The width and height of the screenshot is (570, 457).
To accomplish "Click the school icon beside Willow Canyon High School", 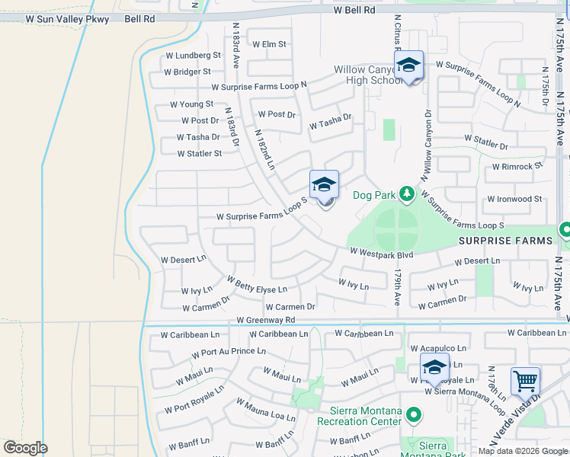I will click(408, 66).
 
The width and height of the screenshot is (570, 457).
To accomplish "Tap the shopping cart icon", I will click(525, 381).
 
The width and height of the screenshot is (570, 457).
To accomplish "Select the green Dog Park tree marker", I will click(407, 195).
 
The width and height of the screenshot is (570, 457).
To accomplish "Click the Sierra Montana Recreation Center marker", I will click(414, 416).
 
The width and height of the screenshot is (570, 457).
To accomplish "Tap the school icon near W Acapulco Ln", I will click(434, 367).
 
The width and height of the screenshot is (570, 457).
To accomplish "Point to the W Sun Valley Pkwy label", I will click(67, 18).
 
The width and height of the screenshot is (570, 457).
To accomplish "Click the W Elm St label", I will click(269, 44).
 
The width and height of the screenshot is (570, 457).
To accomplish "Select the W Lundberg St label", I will click(194, 56).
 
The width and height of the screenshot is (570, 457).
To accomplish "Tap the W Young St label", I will click(191, 104).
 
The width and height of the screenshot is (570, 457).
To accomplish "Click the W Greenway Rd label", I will click(265, 321).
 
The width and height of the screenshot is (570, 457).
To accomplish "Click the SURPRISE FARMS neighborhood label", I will click(505, 241).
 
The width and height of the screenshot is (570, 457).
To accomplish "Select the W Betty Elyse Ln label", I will click(257, 289).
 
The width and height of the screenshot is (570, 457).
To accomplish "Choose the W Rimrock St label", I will click(517, 166).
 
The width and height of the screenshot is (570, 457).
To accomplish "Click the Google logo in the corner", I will click(25, 448).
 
